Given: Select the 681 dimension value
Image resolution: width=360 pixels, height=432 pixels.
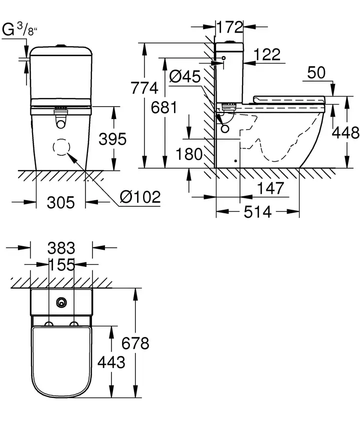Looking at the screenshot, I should [165, 108].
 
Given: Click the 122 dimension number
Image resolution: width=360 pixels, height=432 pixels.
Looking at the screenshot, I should [267, 55].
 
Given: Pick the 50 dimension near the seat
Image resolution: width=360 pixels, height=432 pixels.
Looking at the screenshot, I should [316, 73].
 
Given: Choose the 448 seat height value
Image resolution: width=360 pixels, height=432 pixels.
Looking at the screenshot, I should [346, 133].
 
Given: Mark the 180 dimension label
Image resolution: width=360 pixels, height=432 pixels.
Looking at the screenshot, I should [190, 154].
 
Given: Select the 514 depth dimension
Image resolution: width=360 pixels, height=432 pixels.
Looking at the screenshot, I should [258, 212].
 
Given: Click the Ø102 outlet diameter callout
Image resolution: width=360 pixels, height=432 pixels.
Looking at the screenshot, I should [140, 197].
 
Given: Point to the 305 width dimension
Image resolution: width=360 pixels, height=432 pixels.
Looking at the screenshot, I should [60, 202].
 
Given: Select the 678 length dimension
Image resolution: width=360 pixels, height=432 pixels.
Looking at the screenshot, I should [135, 343].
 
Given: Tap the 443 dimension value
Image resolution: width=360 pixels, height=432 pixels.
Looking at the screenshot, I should [110, 362].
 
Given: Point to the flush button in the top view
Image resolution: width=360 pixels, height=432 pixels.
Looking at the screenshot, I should [61, 302].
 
